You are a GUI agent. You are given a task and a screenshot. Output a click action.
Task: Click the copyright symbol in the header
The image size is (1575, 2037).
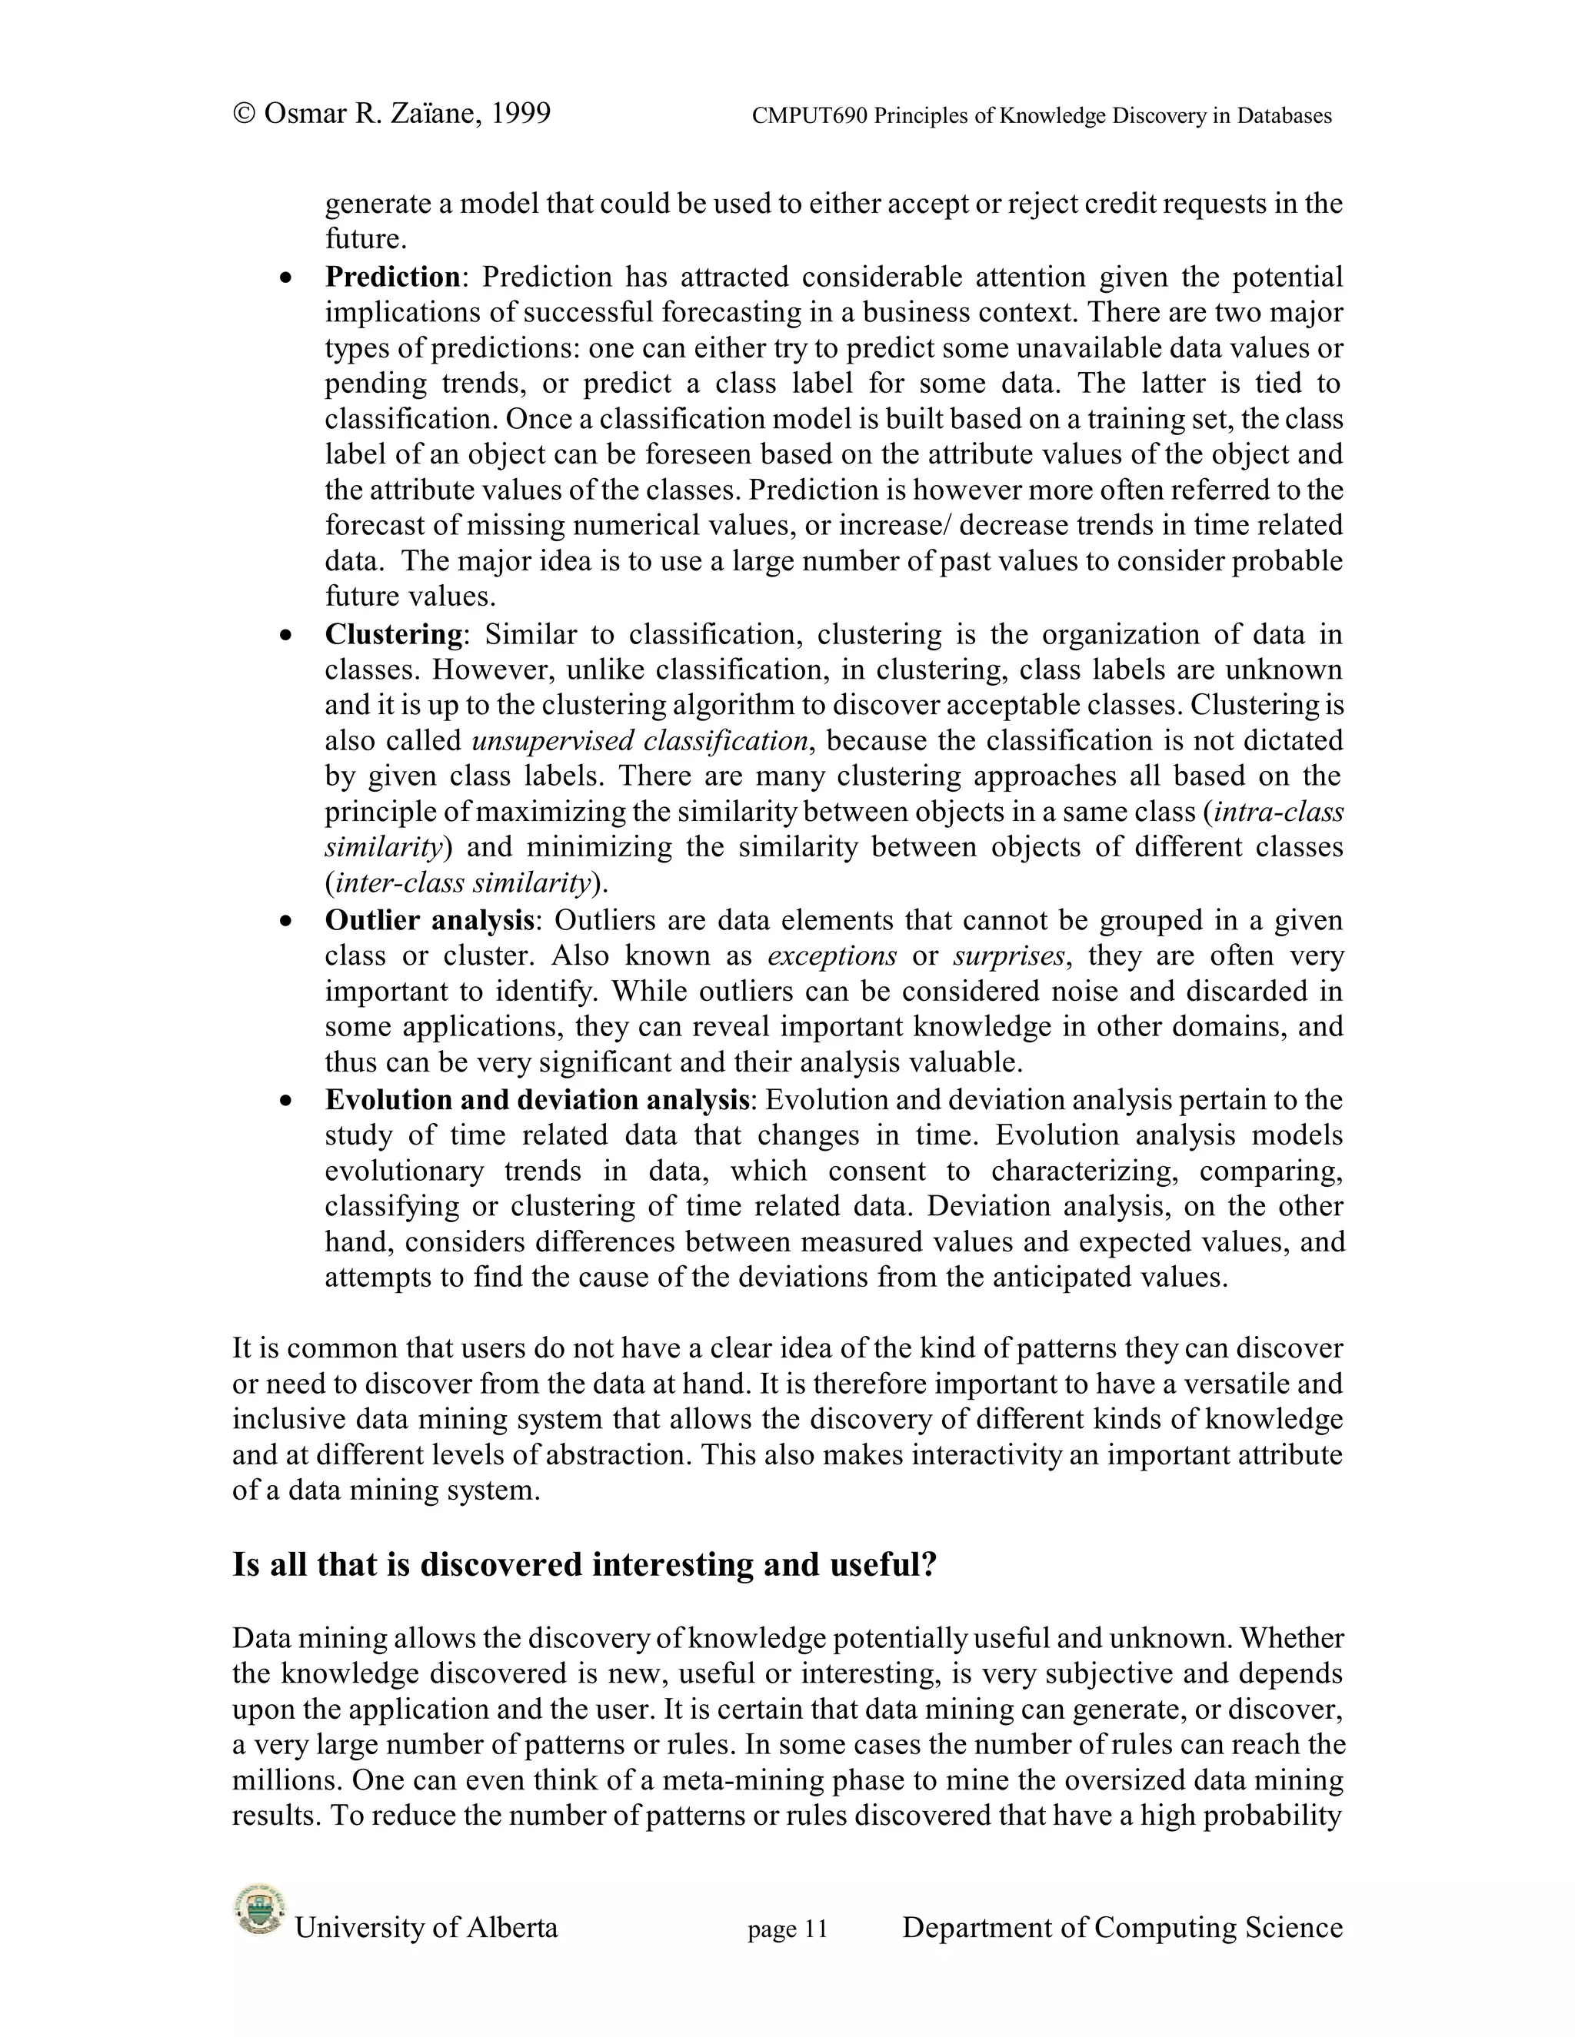(x=245, y=114)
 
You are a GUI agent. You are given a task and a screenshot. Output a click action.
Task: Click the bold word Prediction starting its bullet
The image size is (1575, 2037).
(x=393, y=277)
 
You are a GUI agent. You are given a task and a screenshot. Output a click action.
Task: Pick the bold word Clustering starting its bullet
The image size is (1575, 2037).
(x=394, y=634)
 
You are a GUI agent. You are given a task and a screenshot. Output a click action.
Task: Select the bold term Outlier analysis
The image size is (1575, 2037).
(x=429, y=921)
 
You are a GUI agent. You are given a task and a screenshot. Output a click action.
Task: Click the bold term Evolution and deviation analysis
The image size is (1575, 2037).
(x=538, y=1100)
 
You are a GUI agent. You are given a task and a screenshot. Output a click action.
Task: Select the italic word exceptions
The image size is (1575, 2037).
(x=831, y=956)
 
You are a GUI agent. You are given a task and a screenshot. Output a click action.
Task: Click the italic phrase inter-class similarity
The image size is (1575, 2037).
(x=463, y=882)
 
